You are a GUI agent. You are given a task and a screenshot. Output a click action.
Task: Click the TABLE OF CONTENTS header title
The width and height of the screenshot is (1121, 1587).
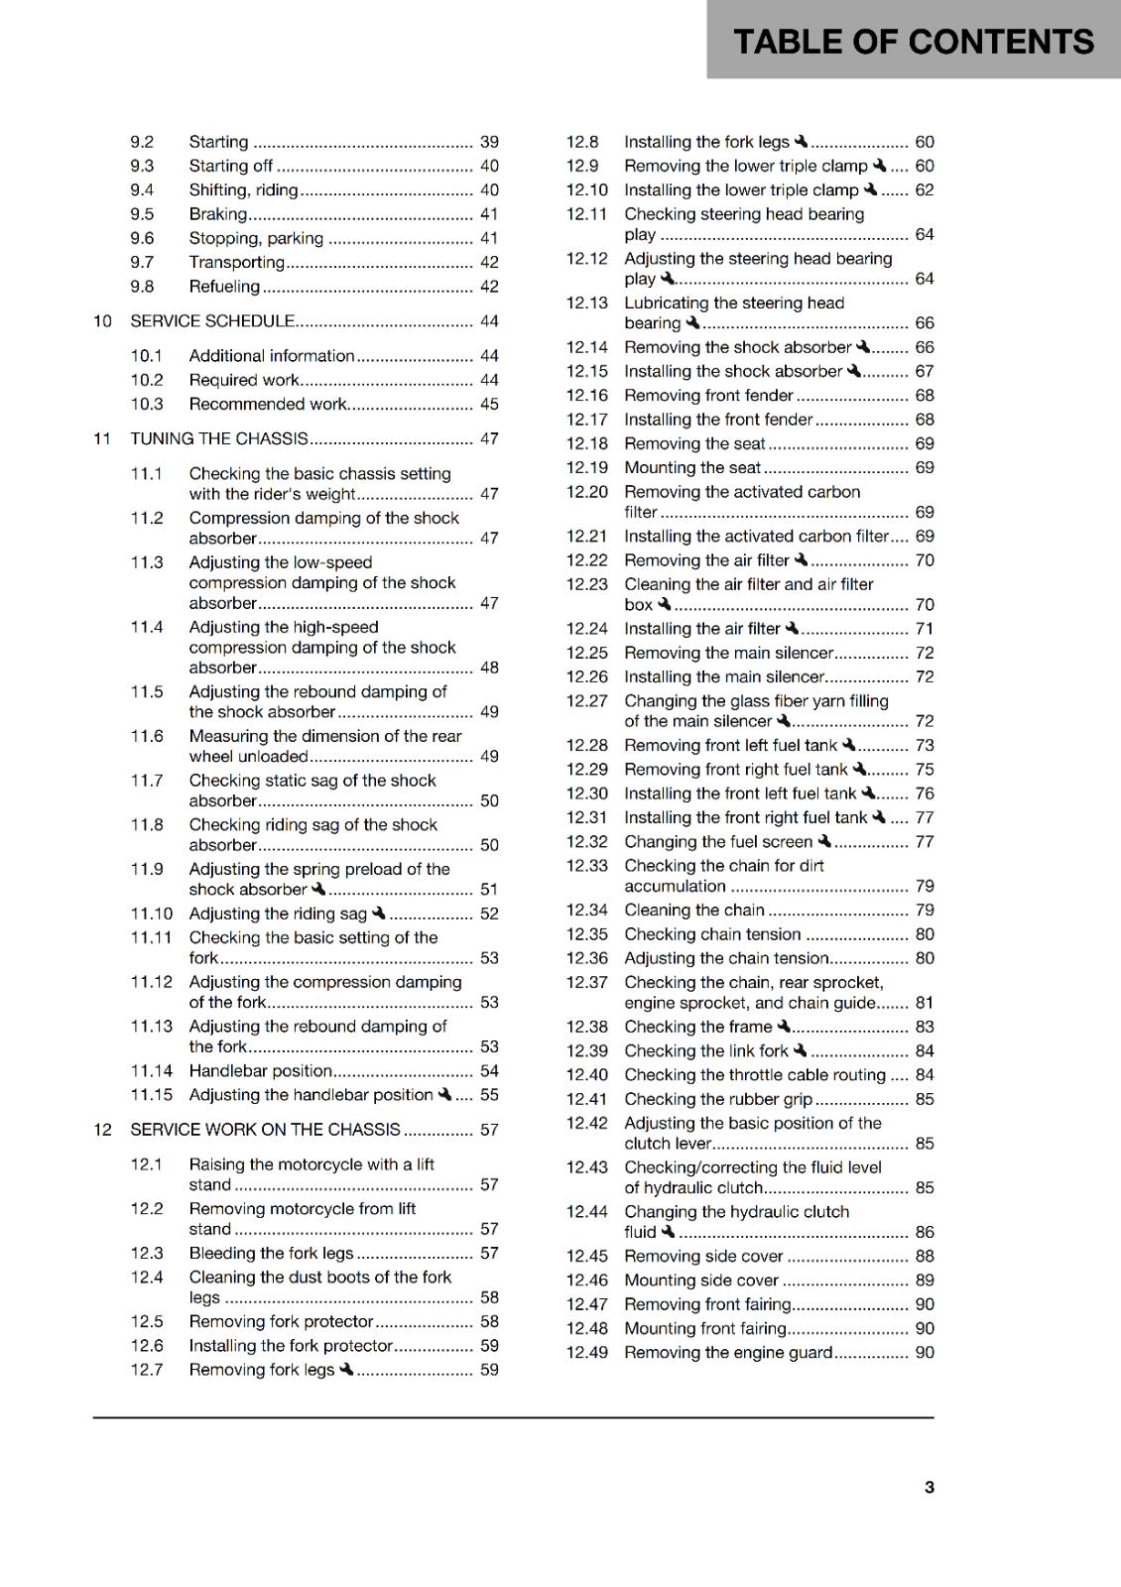pos(913,42)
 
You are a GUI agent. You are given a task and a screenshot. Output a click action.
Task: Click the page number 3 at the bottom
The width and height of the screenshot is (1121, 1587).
pos(929,1487)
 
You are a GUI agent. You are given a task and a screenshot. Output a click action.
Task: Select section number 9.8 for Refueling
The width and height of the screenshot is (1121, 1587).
pos(142,287)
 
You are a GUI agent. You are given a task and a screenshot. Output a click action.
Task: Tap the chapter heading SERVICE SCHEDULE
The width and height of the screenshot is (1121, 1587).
pos(212,321)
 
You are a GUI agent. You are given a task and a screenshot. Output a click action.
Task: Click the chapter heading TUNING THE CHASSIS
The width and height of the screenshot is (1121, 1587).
pos(219,438)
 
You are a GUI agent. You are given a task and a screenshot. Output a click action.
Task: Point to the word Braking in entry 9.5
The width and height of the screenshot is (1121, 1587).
pos(218,214)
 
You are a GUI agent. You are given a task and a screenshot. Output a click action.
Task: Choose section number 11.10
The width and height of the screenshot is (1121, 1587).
pos(151,914)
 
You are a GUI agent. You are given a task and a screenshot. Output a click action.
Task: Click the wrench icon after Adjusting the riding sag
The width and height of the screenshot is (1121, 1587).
pos(379,913)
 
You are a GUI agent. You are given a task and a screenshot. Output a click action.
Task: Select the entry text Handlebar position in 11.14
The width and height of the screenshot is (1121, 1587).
pos(260,1071)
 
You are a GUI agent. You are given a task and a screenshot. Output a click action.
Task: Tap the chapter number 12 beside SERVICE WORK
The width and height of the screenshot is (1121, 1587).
pos(102,1130)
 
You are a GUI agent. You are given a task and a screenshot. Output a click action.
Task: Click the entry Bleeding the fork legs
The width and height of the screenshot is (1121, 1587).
pos(271,1254)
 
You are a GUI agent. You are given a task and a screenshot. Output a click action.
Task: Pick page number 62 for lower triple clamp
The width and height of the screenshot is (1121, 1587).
pos(924,190)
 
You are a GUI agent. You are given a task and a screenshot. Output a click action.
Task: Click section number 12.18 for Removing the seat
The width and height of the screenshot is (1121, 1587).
pos(586,444)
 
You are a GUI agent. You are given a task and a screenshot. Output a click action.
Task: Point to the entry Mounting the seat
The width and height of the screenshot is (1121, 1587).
pos(691,468)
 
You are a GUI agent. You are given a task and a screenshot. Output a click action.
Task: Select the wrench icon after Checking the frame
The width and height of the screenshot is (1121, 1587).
pos(784,1027)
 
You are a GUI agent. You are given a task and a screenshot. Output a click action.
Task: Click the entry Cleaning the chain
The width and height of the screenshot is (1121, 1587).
pos(693,911)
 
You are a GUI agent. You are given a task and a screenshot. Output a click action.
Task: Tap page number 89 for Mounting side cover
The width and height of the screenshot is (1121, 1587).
pos(924,1281)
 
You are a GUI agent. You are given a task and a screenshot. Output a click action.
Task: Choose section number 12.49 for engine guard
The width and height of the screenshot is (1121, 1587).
pos(586,1353)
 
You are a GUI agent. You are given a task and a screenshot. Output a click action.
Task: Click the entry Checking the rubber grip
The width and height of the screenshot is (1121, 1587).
pos(717,1100)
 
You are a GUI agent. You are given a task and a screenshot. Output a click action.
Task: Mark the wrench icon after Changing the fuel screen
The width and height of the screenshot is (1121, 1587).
pos(824,841)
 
